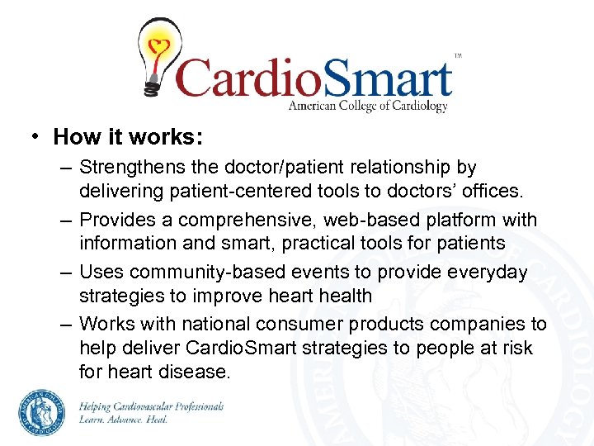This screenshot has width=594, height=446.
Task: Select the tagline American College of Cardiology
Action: point(367,106)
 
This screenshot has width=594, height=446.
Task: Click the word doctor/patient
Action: point(285,168)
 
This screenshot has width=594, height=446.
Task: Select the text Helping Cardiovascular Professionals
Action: point(151,406)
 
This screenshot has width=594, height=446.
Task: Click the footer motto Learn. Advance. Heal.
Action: point(124,420)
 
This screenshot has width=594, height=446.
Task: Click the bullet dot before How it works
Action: point(36,136)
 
